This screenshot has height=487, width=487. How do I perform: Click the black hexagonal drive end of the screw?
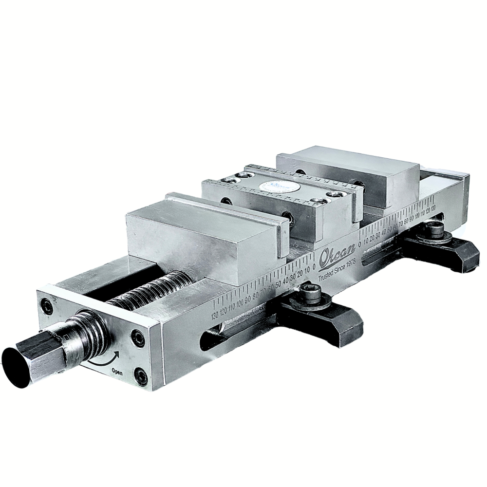[x=29, y=358]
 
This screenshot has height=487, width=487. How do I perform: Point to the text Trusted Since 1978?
[x=338, y=269]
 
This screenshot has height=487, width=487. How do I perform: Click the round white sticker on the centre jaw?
[x=276, y=187]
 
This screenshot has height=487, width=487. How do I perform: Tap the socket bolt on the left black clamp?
[x=308, y=293]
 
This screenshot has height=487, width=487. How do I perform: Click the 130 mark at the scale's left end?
[x=215, y=316]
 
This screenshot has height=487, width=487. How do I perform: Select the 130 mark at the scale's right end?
[x=432, y=208]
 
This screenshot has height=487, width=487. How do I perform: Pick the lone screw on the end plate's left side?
[x=47, y=306]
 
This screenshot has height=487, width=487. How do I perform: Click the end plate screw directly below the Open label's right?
[x=141, y=375]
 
